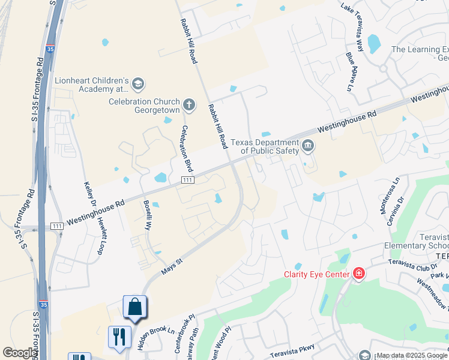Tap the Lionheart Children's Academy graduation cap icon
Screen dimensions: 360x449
[138, 83]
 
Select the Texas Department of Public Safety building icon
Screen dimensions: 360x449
[308, 146]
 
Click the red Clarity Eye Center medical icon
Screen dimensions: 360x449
[359, 274]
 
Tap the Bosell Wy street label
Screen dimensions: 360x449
[147, 215]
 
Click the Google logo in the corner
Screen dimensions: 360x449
[19, 353]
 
